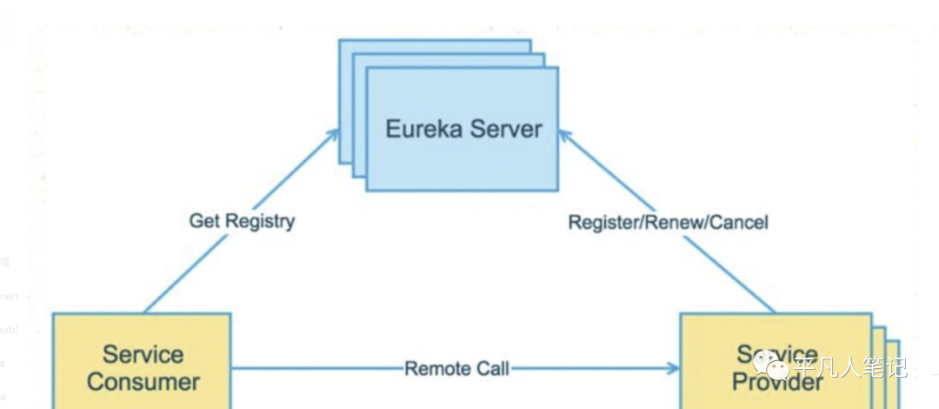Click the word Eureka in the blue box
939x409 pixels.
423,130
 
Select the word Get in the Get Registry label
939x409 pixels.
204,221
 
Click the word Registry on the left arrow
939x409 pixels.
259,222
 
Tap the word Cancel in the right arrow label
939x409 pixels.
739,223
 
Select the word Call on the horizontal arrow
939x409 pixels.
494,369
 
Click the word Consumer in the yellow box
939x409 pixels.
143,382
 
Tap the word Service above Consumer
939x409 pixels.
143,355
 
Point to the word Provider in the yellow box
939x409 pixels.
776,383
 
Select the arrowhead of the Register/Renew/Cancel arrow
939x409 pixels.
564,133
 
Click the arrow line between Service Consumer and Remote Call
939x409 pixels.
313,369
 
